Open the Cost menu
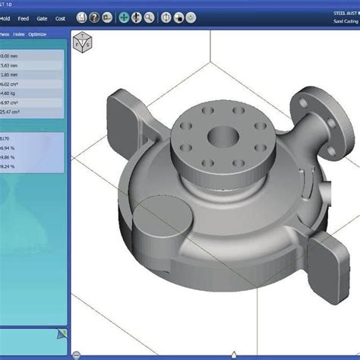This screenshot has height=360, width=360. coord(60,17)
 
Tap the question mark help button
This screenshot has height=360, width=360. coord(93,17)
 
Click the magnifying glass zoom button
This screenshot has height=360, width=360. coord(149,17)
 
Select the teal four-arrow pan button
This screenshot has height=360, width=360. coord(124,17)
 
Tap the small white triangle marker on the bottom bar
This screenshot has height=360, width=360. coord(232,353)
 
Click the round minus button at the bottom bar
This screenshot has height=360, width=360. coord(76,355)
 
